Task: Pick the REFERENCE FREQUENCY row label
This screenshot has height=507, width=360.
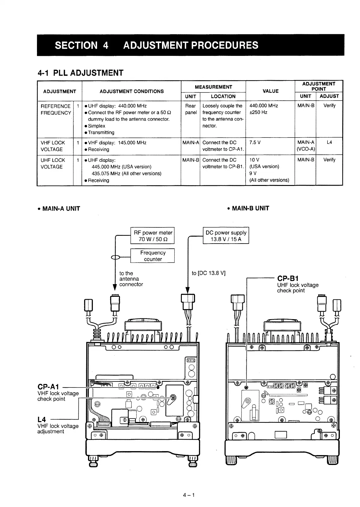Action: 56,110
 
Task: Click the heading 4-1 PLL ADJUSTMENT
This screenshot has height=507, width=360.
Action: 80,73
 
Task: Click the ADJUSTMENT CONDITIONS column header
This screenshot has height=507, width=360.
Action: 132,91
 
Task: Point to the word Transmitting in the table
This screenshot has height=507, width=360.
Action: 101,132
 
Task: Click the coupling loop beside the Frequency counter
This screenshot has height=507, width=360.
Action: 115,257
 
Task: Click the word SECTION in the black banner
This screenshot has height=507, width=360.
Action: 76,45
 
